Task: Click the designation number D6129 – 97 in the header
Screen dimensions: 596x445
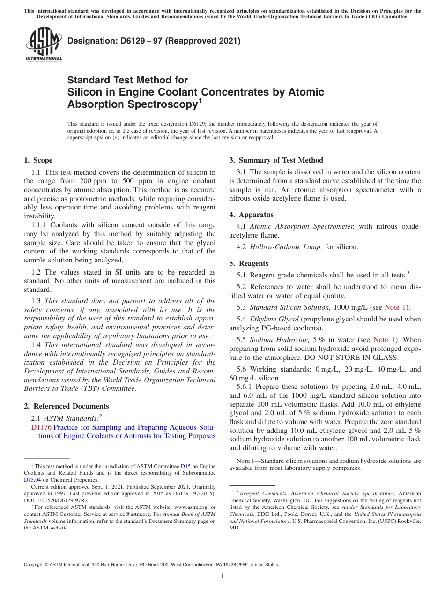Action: tap(124, 41)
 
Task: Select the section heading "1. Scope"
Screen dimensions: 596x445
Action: tap(38, 160)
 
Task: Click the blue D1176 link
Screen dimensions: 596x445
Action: tap(41, 427)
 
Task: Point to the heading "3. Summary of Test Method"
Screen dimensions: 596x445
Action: tap(276, 160)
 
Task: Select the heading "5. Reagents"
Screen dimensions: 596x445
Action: tap(249, 263)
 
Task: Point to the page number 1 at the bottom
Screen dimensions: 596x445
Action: tap(222, 576)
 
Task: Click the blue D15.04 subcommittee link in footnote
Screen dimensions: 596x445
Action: tap(32, 480)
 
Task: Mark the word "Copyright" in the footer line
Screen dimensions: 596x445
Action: tap(36, 565)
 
